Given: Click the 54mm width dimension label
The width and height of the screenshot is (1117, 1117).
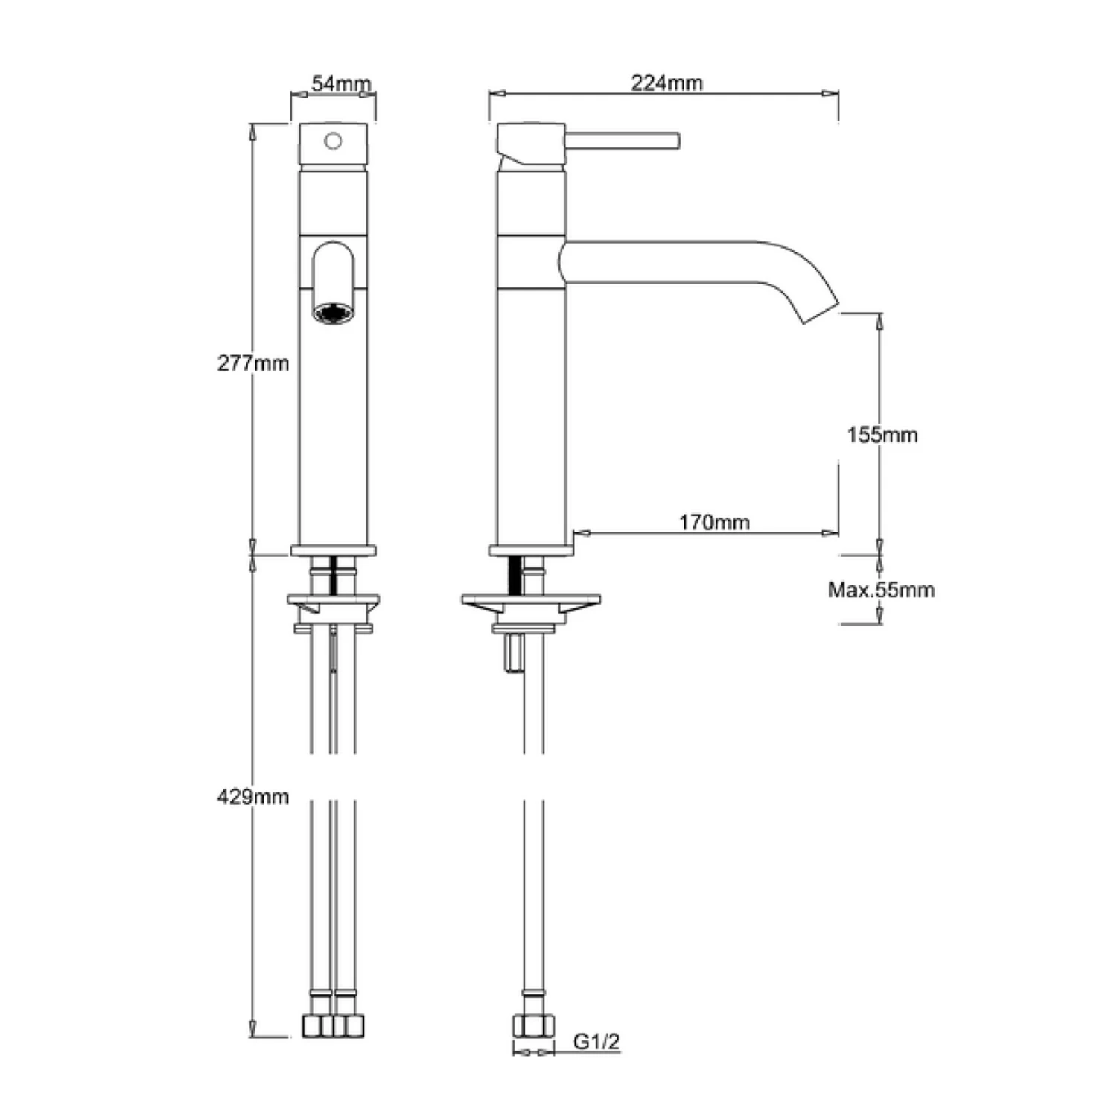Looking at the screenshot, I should point(340,83).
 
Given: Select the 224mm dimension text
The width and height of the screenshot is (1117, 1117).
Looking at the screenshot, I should point(666,83).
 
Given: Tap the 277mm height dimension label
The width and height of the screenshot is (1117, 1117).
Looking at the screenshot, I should point(252,363).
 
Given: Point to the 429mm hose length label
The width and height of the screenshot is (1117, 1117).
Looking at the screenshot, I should point(252,797).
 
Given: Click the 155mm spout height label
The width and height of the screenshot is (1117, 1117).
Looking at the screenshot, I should point(882,434).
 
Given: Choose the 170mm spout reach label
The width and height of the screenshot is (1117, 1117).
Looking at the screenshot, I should point(713,522).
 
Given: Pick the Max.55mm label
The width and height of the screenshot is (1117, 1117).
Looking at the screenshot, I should point(881,590).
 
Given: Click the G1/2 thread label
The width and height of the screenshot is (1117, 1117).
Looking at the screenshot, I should point(596,1041).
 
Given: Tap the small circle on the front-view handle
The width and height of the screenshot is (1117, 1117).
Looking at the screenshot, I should point(334,141).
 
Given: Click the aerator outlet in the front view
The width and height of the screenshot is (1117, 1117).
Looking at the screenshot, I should point(333,313).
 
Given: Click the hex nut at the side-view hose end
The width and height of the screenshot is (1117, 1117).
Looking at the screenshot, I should point(533,1026).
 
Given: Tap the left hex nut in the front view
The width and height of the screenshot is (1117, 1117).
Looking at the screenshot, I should point(319,1026).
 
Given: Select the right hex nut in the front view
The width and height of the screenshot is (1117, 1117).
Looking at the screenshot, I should point(349,1026).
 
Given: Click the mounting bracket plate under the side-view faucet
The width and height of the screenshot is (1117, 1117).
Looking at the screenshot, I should point(531,599).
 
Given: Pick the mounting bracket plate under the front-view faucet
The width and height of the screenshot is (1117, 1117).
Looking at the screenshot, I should point(333,599).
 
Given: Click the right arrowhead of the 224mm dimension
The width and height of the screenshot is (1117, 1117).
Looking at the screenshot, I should point(831,94).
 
